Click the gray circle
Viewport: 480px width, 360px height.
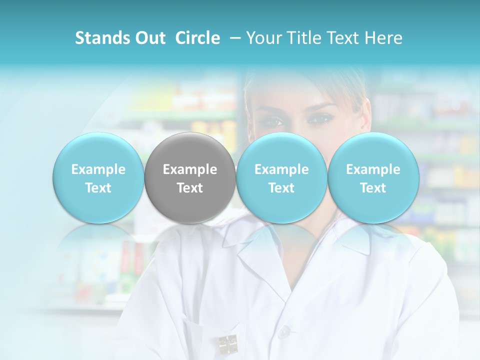tap(190, 178)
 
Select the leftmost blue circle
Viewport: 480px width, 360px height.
tap(98, 178)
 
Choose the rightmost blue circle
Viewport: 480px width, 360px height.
tap(373, 178)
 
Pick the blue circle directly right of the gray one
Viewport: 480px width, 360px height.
tap(281, 178)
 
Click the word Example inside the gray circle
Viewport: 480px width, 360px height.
tap(190, 169)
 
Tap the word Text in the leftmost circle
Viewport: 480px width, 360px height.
tap(98, 188)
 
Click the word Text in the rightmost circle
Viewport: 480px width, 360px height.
tap(373, 188)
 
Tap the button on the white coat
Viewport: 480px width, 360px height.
tap(284, 331)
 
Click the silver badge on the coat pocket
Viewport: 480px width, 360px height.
tap(227, 344)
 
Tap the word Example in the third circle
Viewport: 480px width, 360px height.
tap(281, 169)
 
